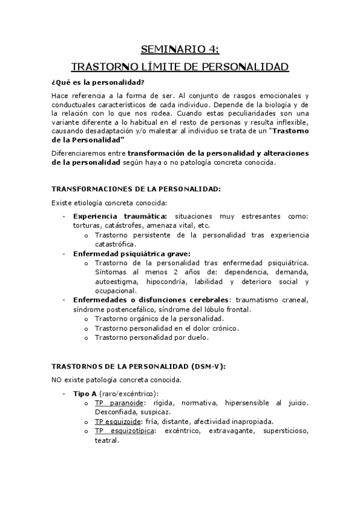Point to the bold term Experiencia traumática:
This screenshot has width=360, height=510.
tap(120, 216)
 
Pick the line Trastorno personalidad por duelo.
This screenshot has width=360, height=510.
tap(151, 337)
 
